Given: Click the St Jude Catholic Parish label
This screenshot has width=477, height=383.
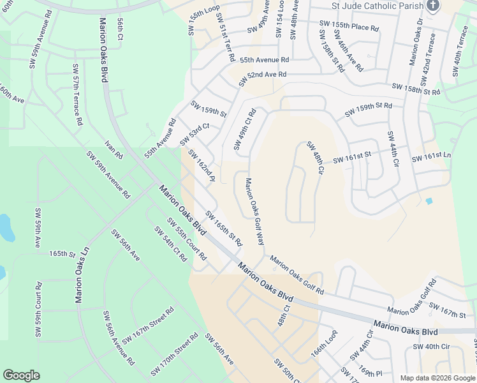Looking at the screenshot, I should click(377, 6).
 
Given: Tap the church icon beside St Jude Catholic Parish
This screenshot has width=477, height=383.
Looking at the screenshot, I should click(433, 6).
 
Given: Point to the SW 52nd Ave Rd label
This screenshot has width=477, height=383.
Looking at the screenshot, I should click(263, 79).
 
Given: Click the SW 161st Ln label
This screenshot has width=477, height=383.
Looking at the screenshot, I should click(431, 156).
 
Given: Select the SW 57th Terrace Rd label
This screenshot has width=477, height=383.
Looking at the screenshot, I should click(77, 94).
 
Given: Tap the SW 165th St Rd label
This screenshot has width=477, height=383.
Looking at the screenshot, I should click(224, 229).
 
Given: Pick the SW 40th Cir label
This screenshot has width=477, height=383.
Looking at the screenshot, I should click(432, 346).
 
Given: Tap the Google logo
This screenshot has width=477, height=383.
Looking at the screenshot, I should click(21, 375).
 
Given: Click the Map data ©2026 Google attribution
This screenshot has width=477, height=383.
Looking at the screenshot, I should click(437, 378).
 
